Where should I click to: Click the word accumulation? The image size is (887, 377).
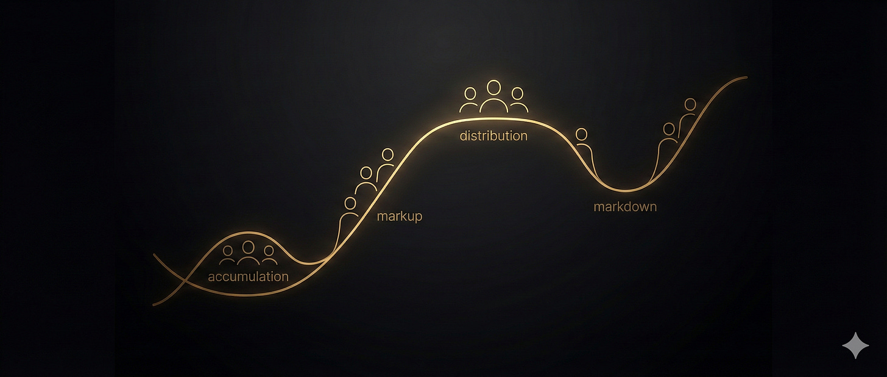248,276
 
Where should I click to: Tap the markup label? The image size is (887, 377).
399,216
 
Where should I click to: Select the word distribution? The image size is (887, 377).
493,135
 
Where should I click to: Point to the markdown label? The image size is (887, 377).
625,207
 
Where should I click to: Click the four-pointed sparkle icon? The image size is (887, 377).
855,345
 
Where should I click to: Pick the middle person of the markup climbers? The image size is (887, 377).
366,181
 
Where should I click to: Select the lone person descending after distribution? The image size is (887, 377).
582,143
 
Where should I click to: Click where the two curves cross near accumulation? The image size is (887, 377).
184,284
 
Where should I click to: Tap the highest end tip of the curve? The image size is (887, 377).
746,77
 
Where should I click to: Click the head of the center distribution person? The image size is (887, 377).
494,87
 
